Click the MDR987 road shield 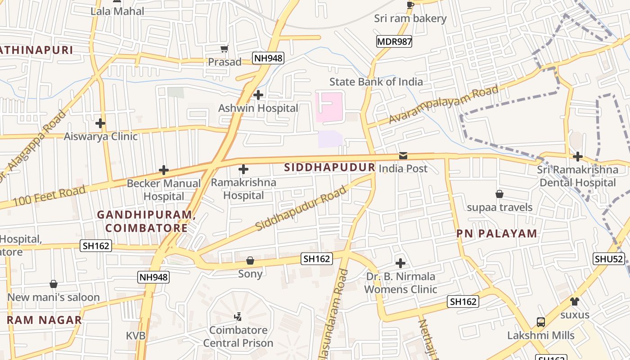pos(394,42)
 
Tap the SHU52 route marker pos(609,259)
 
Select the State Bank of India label pos(376,82)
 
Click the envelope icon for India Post pos(403,156)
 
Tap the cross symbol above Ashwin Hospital pos(258,95)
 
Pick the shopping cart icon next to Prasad pos(224,49)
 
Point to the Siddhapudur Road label pos(301,208)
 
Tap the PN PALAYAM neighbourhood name pos(497,234)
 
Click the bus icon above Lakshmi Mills pos(541,322)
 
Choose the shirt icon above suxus pos(575,301)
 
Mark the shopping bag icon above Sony pos(250,261)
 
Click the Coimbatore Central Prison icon pos(238,317)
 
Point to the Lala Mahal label pos(117,11)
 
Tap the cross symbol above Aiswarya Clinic pos(100,123)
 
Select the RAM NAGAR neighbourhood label pos(44,320)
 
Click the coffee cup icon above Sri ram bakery pos(410,5)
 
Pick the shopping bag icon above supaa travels pos(499,194)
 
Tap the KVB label pos(135,336)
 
